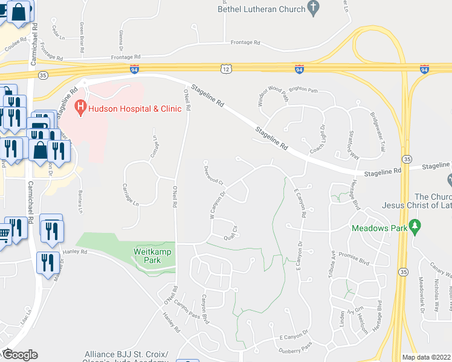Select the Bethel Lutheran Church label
261,8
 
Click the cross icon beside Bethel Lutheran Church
312,7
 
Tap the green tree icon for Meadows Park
414,227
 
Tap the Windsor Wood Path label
270,96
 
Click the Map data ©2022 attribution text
427,357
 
